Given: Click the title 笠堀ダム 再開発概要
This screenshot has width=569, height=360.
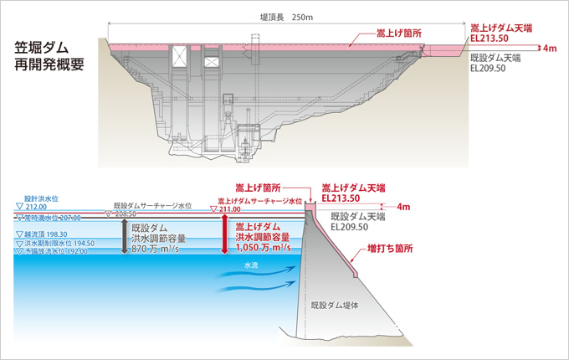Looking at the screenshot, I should pos(49,57).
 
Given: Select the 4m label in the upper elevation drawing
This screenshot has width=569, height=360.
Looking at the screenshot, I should pos(550,49).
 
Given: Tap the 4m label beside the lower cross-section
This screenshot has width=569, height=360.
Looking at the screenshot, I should pos(404,206).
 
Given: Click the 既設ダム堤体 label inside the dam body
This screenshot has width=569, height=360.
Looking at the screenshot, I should pos(335,306).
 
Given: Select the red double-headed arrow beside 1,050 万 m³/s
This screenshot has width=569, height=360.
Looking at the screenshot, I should pos(224,235).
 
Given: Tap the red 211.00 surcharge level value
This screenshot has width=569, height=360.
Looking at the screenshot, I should pos(229,208).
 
